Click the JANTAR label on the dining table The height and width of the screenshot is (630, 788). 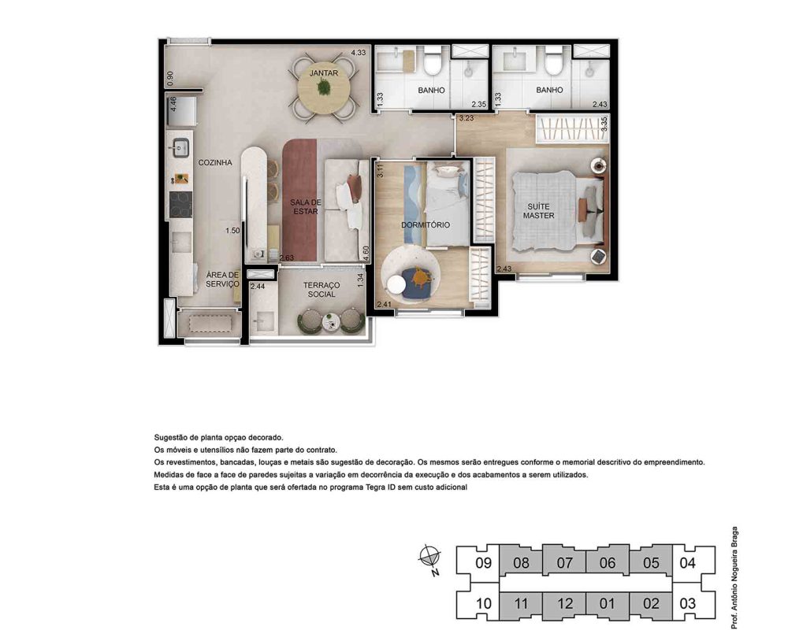point(324,73)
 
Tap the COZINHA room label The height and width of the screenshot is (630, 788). point(215,162)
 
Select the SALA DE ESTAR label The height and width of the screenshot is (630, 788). point(306,206)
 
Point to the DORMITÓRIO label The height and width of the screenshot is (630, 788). point(426,224)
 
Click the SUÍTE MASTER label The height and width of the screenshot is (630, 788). point(539,211)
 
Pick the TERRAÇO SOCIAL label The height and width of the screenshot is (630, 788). point(322,289)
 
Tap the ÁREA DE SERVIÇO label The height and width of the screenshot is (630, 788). point(223,280)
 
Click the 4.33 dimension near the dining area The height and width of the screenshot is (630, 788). point(359,52)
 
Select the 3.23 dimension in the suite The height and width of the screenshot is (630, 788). point(466,118)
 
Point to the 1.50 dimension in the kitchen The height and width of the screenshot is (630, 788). point(232,231)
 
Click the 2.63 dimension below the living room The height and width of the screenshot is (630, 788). point(287,258)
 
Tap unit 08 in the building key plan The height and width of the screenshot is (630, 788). point(521,563)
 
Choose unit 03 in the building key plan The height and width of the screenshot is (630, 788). point(687,603)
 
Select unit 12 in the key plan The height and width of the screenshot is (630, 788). point(564,604)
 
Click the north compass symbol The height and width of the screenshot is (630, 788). point(430,558)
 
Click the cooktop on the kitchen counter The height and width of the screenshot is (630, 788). point(181,205)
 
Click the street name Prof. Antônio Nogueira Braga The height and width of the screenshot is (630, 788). point(734,577)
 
